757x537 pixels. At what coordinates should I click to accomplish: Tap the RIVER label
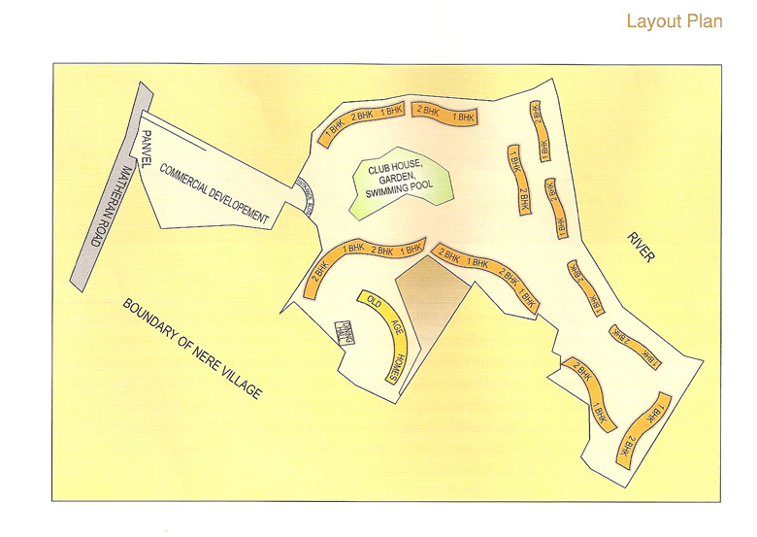642,246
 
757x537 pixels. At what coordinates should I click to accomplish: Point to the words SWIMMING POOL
397,194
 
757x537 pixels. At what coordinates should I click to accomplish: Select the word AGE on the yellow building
391,329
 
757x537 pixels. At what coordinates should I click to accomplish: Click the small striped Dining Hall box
343,332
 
